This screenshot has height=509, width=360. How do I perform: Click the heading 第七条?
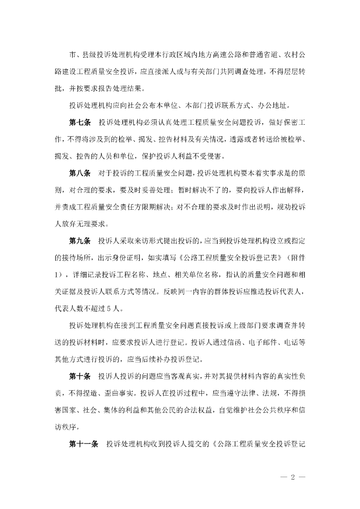(x=80, y=122)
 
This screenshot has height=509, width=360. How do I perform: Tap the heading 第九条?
(x=80, y=241)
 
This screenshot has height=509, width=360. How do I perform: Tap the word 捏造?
(x=90, y=394)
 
